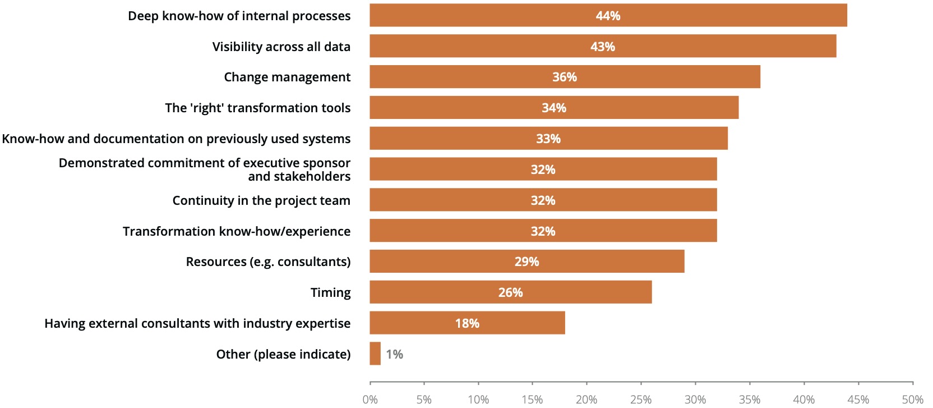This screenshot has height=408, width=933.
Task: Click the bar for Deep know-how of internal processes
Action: click(x=608, y=15)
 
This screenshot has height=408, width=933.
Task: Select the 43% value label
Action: click(x=603, y=47)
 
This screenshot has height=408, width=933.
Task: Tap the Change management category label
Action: click(x=287, y=77)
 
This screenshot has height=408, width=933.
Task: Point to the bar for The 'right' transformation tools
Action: click(x=553, y=108)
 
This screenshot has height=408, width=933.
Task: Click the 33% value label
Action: click(x=548, y=139)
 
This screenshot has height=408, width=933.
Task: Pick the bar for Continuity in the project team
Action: click(x=543, y=200)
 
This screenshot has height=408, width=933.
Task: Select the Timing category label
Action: click(x=330, y=292)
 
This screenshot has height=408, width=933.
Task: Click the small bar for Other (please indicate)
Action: click(x=375, y=354)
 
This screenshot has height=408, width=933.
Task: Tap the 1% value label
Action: click(x=394, y=354)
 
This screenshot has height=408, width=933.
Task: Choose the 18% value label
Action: click(x=467, y=323)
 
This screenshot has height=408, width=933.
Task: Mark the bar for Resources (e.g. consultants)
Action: click(x=526, y=262)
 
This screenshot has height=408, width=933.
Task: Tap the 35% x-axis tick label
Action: click(x=750, y=400)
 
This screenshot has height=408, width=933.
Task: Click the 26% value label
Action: click(x=510, y=292)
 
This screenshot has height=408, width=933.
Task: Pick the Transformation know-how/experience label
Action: click(x=236, y=231)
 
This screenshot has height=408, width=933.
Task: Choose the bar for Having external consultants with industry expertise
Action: click(x=467, y=323)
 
